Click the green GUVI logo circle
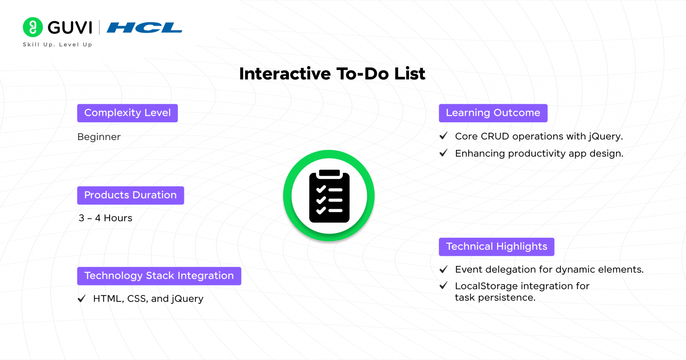pyautogui.click(x=32, y=27)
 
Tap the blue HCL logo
pyautogui.click(x=144, y=27)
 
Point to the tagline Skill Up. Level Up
pyautogui.click(x=57, y=45)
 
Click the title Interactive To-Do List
pyautogui.click(x=332, y=74)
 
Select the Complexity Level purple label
pyautogui.click(x=127, y=113)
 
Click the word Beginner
pyautogui.click(x=99, y=137)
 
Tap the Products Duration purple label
pyautogui.click(x=130, y=195)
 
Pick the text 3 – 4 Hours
pyautogui.click(x=105, y=218)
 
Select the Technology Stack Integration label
pyautogui.click(x=159, y=276)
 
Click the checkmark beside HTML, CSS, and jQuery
pyautogui.click(x=82, y=298)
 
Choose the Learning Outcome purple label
pyautogui.click(x=493, y=113)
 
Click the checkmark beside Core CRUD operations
pyautogui.click(x=443, y=136)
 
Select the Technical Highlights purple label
pyautogui.click(x=496, y=246)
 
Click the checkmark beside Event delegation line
pyautogui.click(x=443, y=269)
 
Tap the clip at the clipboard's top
pyautogui.click(x=329, y=173)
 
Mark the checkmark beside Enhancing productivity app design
pyautogui.click(x=443, y=153)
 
